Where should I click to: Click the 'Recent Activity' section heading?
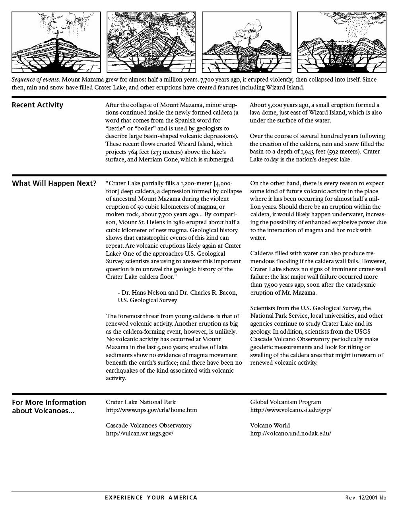tap(37, 105)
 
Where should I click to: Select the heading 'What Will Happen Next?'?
tap(54, 183)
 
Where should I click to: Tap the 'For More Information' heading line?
tap(49, 402)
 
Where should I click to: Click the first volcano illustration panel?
tap(56, 42)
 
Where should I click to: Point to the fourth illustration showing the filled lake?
tap(342, 42)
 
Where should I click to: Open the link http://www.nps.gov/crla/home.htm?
tap(151, 410)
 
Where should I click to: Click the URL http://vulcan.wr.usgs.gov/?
tap(140, 433)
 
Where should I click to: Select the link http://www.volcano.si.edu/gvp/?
tap(291, 410)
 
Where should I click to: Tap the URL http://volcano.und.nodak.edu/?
tap(291, 433)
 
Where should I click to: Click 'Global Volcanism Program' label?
tap(285, 402)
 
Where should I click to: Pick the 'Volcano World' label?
tap(270, 426)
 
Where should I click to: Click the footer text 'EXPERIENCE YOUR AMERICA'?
tap(151, 498)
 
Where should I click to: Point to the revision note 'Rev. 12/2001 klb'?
tap(365, 498)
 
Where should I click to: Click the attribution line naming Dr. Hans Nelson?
tap(177, 293)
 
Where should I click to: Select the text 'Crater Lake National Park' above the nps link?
tap(141, 402)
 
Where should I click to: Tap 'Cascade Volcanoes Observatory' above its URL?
tap(149, 426)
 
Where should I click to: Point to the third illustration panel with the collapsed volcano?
tap(247, 42)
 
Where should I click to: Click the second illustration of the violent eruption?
tap(151, 42)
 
